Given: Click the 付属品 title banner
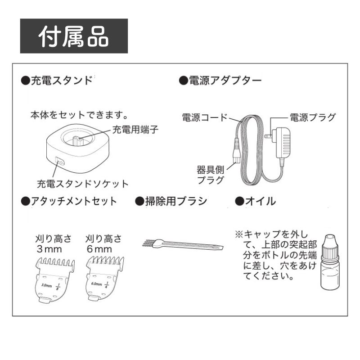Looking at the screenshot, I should click(74, 36).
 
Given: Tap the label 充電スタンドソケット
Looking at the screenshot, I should click(82, 184).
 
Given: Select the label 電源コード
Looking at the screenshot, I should click(204, 118).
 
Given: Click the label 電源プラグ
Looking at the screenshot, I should click(312, 118).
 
